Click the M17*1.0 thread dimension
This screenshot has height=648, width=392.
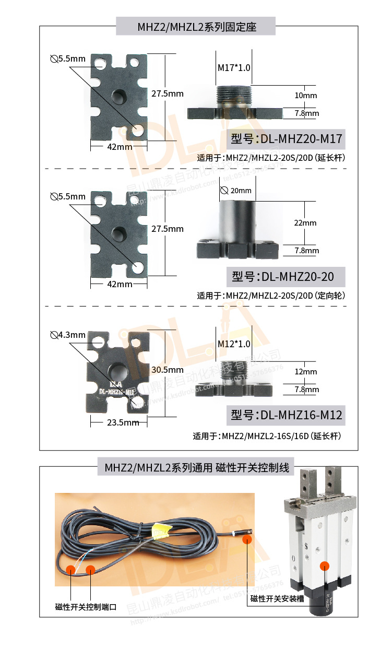[234, 68]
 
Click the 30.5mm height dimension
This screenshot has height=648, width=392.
[167, 369]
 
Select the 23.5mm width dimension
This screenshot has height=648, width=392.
[123, 422]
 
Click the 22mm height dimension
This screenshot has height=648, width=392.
[305, 222]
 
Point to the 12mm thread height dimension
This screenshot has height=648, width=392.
[305, 372]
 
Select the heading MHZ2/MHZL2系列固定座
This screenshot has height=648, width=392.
[196, 27]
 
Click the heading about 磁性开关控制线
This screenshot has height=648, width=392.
[196, 467]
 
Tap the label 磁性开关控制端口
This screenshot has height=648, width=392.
[86, 607]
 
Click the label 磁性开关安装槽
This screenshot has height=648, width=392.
[277, 599]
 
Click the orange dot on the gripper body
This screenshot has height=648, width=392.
[326, 565]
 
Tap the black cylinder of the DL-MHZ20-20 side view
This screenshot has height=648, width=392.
[238, 220]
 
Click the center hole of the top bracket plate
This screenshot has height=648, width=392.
[119, 96]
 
